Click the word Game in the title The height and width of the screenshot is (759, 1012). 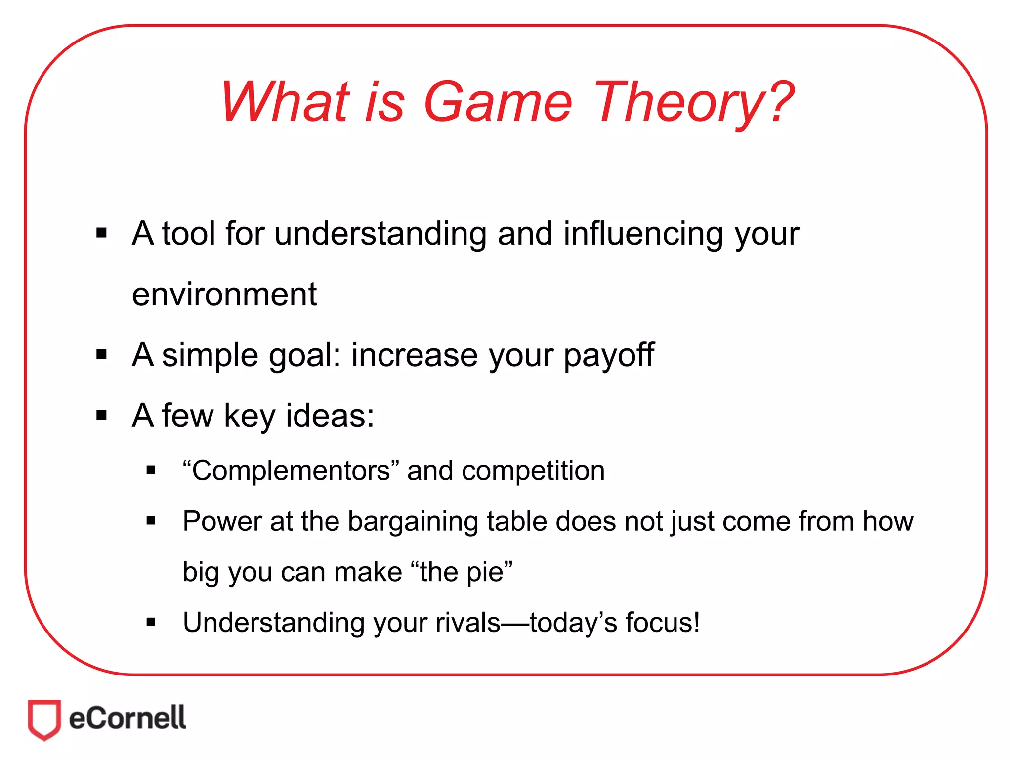pyautogui.click(x=498, y=102)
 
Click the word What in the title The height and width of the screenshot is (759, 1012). pyautogui.click(x=285, y=102)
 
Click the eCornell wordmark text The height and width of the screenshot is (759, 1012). pyautogui.click(x=127, y=718)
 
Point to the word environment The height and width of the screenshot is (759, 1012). pyautogui.click(x=224, y=295)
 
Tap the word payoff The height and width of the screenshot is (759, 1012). pyautogui.click(x=608, y=355)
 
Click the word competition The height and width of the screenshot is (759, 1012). pyautogui.click(x=533, y=470)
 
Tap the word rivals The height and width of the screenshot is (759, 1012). pyautogui.click(x=467, y=623)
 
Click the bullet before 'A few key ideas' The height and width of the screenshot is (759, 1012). pyautogui.click(x=102, y=415)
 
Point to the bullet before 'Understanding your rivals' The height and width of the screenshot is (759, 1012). pyautogui.click(x=151, y=622)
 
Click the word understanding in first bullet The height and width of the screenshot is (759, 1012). pyautogui.click(x=380, y=233)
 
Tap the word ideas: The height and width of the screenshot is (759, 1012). pyautogui.click(x=330, y=416)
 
